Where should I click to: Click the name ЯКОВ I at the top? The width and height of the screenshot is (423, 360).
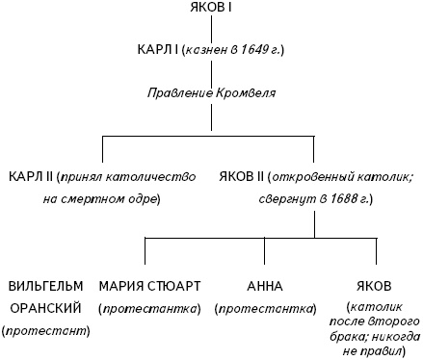click(211, 9)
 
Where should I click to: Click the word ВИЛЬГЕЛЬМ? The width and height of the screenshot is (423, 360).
click(46, 287)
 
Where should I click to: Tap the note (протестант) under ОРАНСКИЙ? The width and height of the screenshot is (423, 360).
click(46, 331)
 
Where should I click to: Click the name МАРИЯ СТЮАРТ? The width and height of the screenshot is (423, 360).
click(149, 287)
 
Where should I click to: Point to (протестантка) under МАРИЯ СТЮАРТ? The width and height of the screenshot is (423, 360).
click(149, 309)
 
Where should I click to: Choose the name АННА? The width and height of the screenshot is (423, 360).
click(265, 287)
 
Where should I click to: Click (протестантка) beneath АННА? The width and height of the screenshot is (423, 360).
click(265, 309)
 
